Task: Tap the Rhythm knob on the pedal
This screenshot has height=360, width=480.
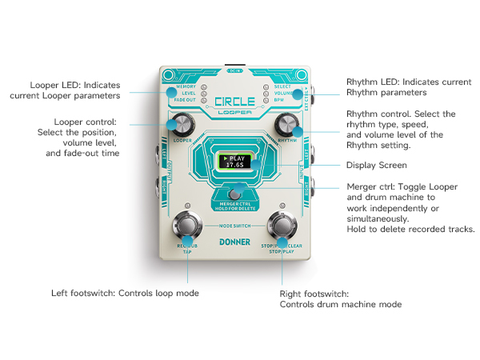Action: point(286,124)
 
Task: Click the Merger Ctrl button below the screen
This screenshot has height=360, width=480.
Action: point(234,194)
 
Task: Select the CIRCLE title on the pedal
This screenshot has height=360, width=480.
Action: point(234,102)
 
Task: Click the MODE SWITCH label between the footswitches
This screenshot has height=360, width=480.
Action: point(234,226)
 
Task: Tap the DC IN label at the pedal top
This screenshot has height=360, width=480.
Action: point(234,70)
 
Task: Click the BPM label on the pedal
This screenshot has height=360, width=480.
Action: point(279,100)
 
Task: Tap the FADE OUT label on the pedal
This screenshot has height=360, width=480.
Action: point(186,100)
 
